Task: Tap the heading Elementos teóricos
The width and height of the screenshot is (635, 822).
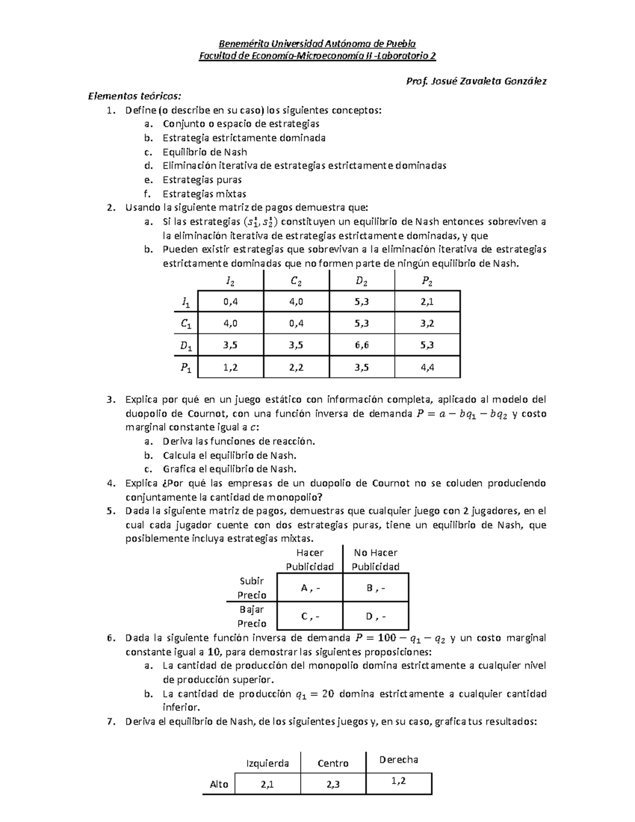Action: (x=134, y=96)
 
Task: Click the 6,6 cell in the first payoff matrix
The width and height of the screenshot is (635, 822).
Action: (x=361, y=345)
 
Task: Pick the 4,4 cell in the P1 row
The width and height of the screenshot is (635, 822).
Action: (x=427, y=367)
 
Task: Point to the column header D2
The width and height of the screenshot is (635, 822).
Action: (x=361, y=282)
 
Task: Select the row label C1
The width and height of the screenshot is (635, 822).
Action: (x=186, y=323)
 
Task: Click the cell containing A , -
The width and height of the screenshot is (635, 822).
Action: (x=310, y=588)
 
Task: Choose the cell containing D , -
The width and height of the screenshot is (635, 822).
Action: (x=376, y=616)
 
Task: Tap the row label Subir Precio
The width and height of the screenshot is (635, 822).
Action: (x=252, y=588)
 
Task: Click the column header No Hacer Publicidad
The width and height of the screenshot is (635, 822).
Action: (x=376, y=559)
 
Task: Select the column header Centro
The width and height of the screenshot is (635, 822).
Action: (x=333, y=763)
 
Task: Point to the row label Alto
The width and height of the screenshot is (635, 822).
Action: (x=219, y=784)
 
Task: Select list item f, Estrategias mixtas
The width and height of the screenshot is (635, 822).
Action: (x=204, y=194)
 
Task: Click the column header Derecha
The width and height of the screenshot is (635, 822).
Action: (x=398, y=760)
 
